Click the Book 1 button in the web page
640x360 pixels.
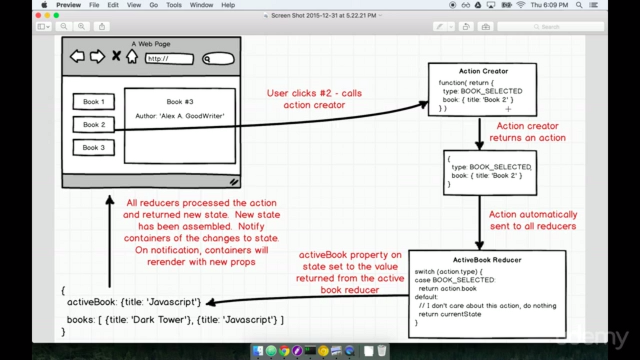[93, 101]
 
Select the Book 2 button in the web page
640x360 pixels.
[93, 124]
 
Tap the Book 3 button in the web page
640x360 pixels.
[93, 147]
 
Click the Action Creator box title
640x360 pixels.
[483, 71]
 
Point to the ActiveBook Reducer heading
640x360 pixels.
[487, 260]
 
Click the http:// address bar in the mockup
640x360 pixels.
[169, 59]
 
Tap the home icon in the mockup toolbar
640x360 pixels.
[131, 56]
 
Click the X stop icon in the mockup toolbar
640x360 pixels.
[116, 56]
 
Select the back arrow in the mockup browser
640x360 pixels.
[77, 56]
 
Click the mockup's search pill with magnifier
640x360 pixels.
[218, 59]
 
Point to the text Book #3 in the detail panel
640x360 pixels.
[179, 101]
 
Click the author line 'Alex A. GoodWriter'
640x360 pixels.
[179, 116]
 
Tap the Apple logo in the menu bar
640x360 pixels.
[44, 5]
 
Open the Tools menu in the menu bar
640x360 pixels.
[173, 5]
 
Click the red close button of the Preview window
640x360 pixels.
[38, 15]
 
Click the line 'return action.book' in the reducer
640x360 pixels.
[447, 288]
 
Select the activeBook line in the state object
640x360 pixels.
[134, 302]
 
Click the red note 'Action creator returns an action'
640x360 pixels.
[527, 132]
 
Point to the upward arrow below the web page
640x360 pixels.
[109, 240]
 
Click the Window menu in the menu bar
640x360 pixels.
[200, 5]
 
